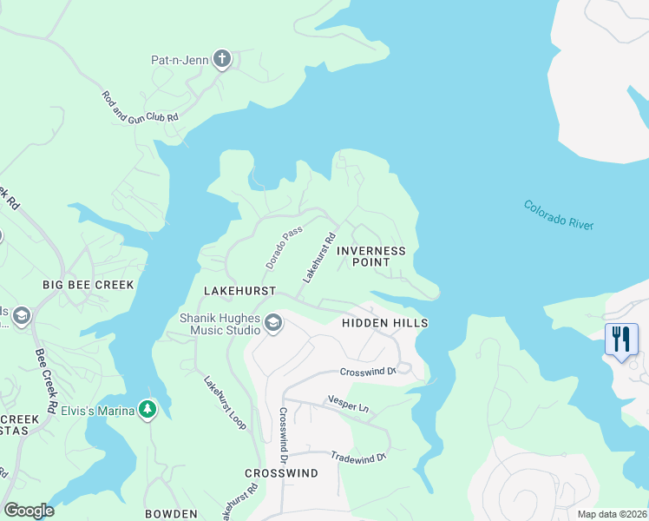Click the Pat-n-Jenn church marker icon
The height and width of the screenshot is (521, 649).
222,59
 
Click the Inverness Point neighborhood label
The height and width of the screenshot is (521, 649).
370,256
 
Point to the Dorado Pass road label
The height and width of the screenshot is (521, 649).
283,246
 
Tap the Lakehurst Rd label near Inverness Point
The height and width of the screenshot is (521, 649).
318,258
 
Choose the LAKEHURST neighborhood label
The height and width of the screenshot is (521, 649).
239,290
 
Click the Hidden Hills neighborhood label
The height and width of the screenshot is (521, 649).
384,323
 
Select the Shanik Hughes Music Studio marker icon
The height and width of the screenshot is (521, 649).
272,324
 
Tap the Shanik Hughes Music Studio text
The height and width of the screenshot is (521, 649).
220,324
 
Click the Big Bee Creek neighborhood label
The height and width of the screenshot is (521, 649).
89,285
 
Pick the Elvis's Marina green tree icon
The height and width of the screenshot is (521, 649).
148,409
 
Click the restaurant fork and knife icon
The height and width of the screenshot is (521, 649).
621,339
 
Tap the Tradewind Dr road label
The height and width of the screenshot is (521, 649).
357,457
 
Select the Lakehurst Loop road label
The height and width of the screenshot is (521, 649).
225,403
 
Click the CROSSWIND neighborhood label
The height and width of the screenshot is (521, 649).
281,473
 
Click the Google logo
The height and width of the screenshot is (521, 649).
29,511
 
